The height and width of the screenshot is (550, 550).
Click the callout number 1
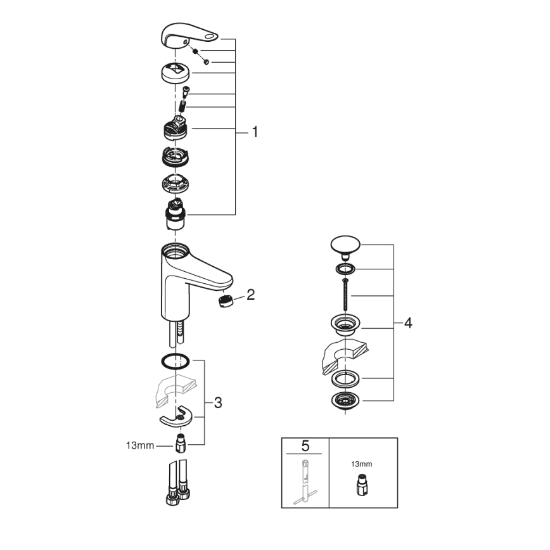click(255, 132)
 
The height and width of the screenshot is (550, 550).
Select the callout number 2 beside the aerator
click(250, 294)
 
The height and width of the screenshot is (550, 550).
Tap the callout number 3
click(217, 402)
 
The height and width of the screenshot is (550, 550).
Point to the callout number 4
click(407, 323)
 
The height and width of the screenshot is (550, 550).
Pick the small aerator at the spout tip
click(224, 300)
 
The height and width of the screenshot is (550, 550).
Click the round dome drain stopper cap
click(345, 245)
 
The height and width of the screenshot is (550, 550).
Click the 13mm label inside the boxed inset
click(362, 464)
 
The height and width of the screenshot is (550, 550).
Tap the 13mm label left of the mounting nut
click(140, 445)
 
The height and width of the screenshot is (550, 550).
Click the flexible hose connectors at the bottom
click(177, 488)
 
